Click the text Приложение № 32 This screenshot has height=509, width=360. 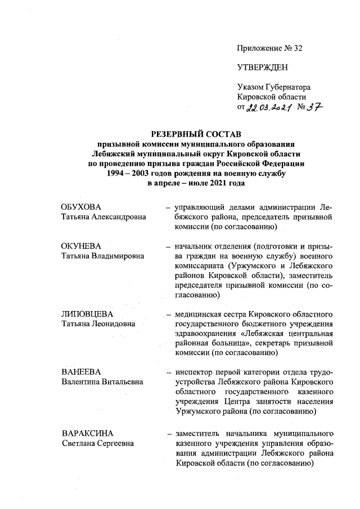pos(269,48)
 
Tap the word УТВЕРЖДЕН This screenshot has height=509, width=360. pos(262,67)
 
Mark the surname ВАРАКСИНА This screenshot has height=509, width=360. pos(87,434)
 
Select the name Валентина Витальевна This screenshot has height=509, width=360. pos(101,381)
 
